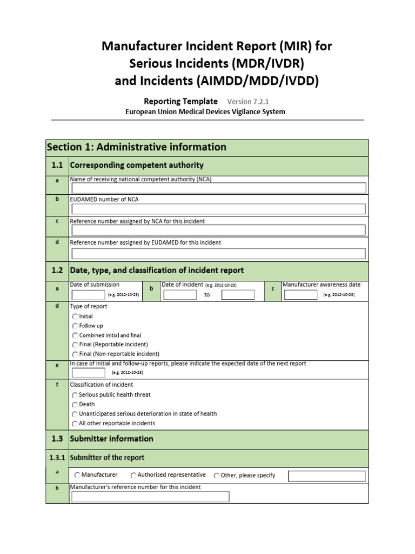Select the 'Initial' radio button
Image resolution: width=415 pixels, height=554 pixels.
[x=75, y=316]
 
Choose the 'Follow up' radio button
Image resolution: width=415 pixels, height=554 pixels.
[x=75, y=326]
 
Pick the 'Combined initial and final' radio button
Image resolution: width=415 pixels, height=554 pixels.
[x=75, y=335]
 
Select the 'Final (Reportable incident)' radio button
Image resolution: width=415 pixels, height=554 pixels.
[x=75, y=345]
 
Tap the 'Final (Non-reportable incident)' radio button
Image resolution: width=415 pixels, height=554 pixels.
[x=75, y=354]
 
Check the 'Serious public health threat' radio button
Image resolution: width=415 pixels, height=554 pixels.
[x=75, y=395]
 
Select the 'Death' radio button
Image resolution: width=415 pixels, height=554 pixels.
[x=75, y=405]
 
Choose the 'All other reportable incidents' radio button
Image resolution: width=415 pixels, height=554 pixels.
[x=75, y=424]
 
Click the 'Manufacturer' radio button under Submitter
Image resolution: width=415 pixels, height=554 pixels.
[x=77, y=476]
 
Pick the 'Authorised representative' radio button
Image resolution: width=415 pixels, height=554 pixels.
[x=133, y=476]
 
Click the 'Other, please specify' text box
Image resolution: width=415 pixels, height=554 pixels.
[x=326, y=476]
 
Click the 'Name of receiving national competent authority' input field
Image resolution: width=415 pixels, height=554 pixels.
[x=218, y=188]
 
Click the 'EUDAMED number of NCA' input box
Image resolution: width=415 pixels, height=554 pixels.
[x=218, y=209]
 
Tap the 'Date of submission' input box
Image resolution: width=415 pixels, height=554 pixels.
[x=89, y=295]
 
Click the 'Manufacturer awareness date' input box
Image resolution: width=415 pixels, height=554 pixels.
[x=301, y=295]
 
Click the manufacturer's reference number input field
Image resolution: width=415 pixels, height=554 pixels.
[x=150, y=497]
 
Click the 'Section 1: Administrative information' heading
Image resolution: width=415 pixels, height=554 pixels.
[x=137, y=147]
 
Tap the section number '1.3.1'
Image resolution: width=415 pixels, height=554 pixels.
[x=57, y=458]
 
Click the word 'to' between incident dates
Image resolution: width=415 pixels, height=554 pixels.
[x=207, y=295]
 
